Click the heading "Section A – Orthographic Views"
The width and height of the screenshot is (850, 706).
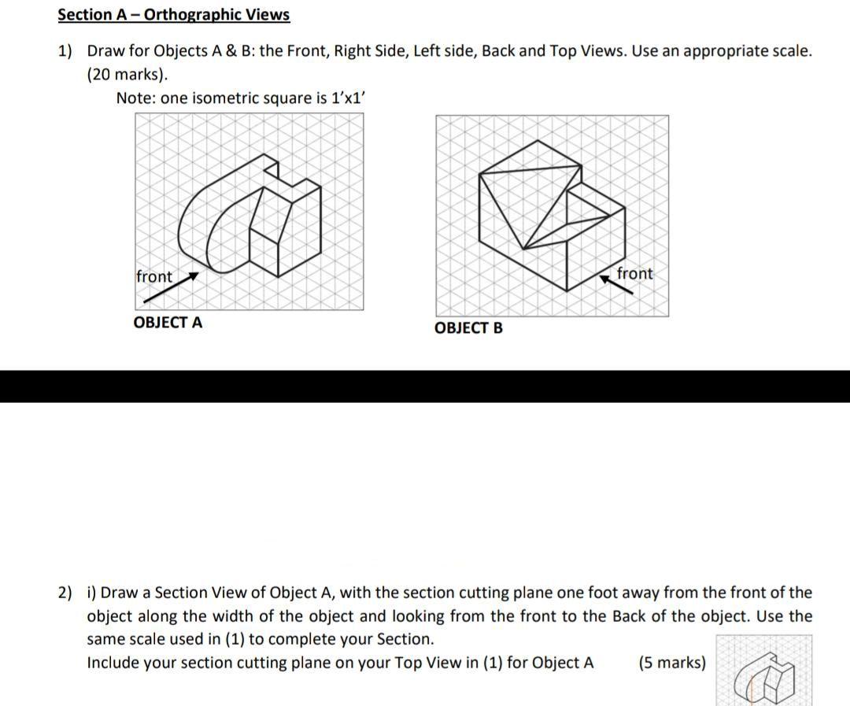click(173, 15)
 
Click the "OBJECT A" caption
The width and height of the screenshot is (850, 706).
click(168, 323)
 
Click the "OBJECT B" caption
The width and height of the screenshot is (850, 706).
click(468, 328)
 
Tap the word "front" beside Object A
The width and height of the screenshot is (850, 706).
click(153, 277)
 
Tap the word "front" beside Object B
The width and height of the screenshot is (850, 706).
click(634, 274)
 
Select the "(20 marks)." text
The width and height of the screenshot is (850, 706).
click(127, 75)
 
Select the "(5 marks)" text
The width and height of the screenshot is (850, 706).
click(671, 663)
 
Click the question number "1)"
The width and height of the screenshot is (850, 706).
click(65, 51)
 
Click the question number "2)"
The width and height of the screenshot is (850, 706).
click(65, 593)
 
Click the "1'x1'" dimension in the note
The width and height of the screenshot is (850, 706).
click(347, 98)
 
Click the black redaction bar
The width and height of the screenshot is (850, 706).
click(425, 386)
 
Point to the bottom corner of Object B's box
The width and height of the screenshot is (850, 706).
click(564, 291)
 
